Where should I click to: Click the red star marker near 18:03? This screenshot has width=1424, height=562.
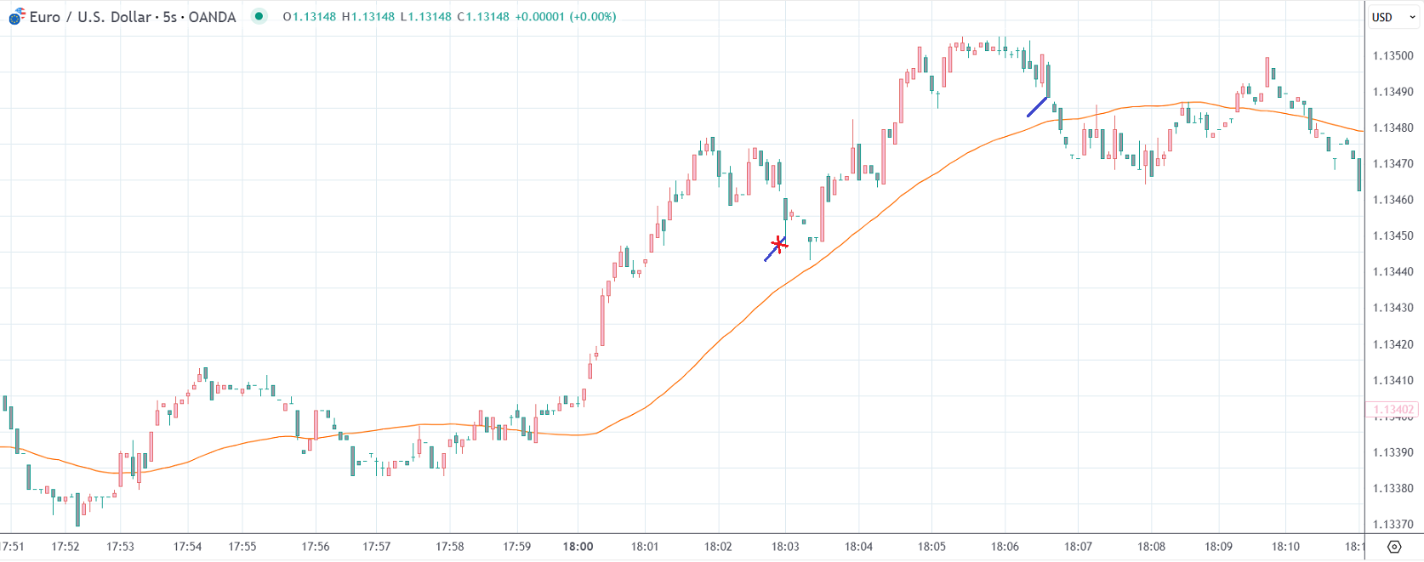[x=778, y=245]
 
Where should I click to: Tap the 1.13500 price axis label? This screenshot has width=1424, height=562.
[x=1393, y=56]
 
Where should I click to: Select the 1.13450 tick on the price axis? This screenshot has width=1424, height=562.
[x=1393, y=236]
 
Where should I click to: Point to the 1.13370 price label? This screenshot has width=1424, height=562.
[x=1393, y=525]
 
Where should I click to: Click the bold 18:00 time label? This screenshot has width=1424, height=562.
[x=578, y=547]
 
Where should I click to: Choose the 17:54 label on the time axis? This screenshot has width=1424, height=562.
[x=187, y=547]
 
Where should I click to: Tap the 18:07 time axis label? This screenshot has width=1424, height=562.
[x=1078, y=547]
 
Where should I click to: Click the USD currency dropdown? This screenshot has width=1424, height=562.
[x=1392, y=17]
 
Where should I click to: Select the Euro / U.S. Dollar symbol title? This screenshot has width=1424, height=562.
[x=132, y=17]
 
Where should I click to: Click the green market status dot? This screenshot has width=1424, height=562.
[x=259, y=16]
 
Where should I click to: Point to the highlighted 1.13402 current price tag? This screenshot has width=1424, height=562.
[x=1393, y=410]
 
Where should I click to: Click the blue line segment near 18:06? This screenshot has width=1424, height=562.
[x=1037, y=106]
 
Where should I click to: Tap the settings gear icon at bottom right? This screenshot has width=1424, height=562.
[x=1394, y=547]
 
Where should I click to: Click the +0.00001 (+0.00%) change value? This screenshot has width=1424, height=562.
[x=565, y=17]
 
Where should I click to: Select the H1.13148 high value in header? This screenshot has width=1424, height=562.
[x=367, y=17]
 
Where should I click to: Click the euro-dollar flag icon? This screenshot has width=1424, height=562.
[x=17, y=17]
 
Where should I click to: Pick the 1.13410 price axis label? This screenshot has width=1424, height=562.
[x=1393, y=380]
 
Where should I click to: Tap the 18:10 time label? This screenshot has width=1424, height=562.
[x=1285, y=547]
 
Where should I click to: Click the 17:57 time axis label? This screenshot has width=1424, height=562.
[x=376, y=547]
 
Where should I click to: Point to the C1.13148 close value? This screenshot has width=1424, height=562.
[x=482, y=17]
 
